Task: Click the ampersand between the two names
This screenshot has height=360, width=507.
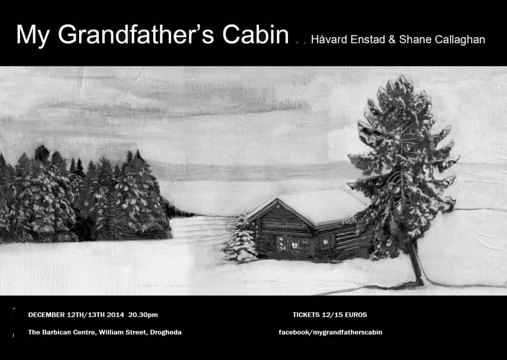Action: coord(392,40)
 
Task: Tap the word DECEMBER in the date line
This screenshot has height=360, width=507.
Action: coord(46,315)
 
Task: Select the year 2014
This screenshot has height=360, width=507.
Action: coord(115,315)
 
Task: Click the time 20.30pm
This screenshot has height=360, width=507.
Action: coord(143,315)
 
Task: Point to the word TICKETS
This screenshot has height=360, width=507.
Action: coord(306,315)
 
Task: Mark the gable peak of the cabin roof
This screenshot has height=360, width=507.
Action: coord(277,199)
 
